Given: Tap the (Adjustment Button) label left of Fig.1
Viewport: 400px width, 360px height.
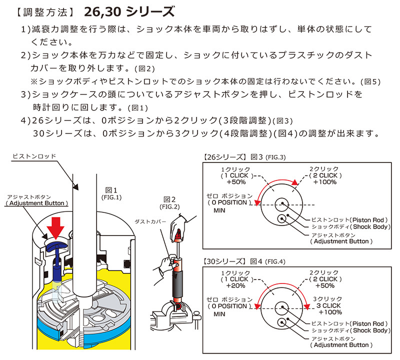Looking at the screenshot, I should [35, 203].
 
